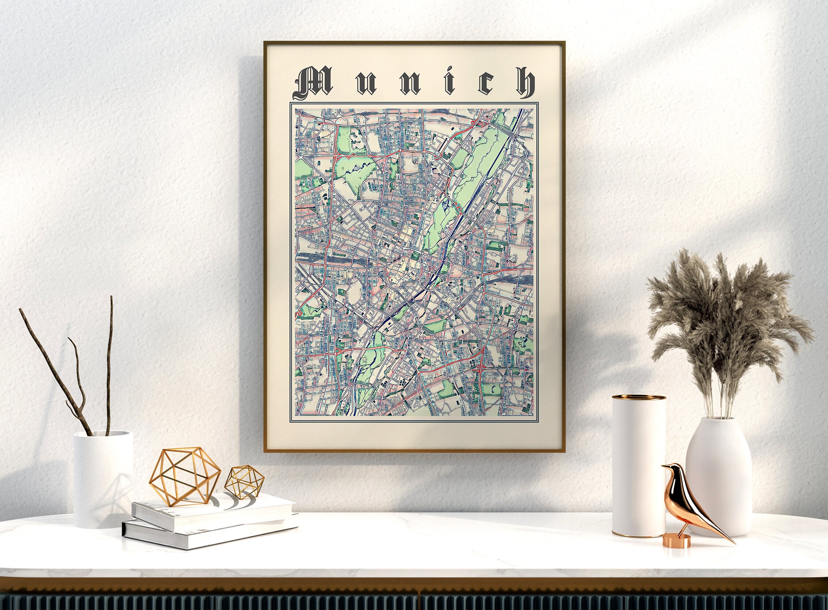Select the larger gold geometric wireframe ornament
[185, 476]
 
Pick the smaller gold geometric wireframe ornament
[245, 481]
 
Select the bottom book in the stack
[207, 536]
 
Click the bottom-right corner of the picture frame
[564, 451]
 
